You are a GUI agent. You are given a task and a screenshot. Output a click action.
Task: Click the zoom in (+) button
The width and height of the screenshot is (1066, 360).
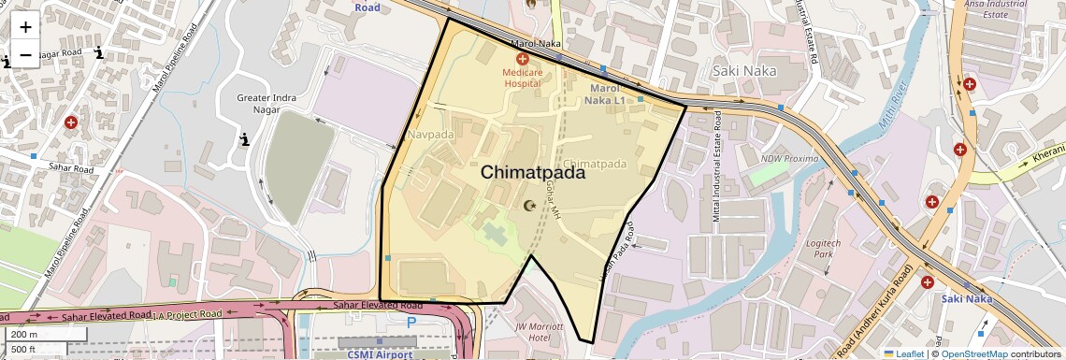[25, 28]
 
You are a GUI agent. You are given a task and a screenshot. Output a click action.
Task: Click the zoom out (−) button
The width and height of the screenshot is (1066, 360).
[25, 54]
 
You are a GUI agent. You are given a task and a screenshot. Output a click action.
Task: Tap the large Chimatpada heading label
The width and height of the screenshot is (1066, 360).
[533, 172]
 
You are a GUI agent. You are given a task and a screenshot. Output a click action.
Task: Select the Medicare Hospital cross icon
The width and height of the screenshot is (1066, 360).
[522, 58]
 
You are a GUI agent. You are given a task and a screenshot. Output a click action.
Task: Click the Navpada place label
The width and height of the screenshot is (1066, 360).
[430, 135]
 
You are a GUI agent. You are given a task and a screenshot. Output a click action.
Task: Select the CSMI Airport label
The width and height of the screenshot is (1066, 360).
[380, 354]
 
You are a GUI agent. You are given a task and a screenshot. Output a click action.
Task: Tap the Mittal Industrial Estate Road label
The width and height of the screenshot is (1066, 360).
[718, 168]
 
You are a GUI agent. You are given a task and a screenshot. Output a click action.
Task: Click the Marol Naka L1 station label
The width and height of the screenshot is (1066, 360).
[605, 94]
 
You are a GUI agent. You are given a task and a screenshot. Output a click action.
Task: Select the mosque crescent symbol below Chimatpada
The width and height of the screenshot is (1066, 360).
[531, 206]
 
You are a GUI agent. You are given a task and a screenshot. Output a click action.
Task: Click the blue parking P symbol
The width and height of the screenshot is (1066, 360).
[411, 322]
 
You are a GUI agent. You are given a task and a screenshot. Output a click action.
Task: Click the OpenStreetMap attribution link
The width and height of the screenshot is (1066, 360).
[973, 353]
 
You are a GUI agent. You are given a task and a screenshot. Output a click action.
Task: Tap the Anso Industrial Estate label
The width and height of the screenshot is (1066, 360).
[995, 9]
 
